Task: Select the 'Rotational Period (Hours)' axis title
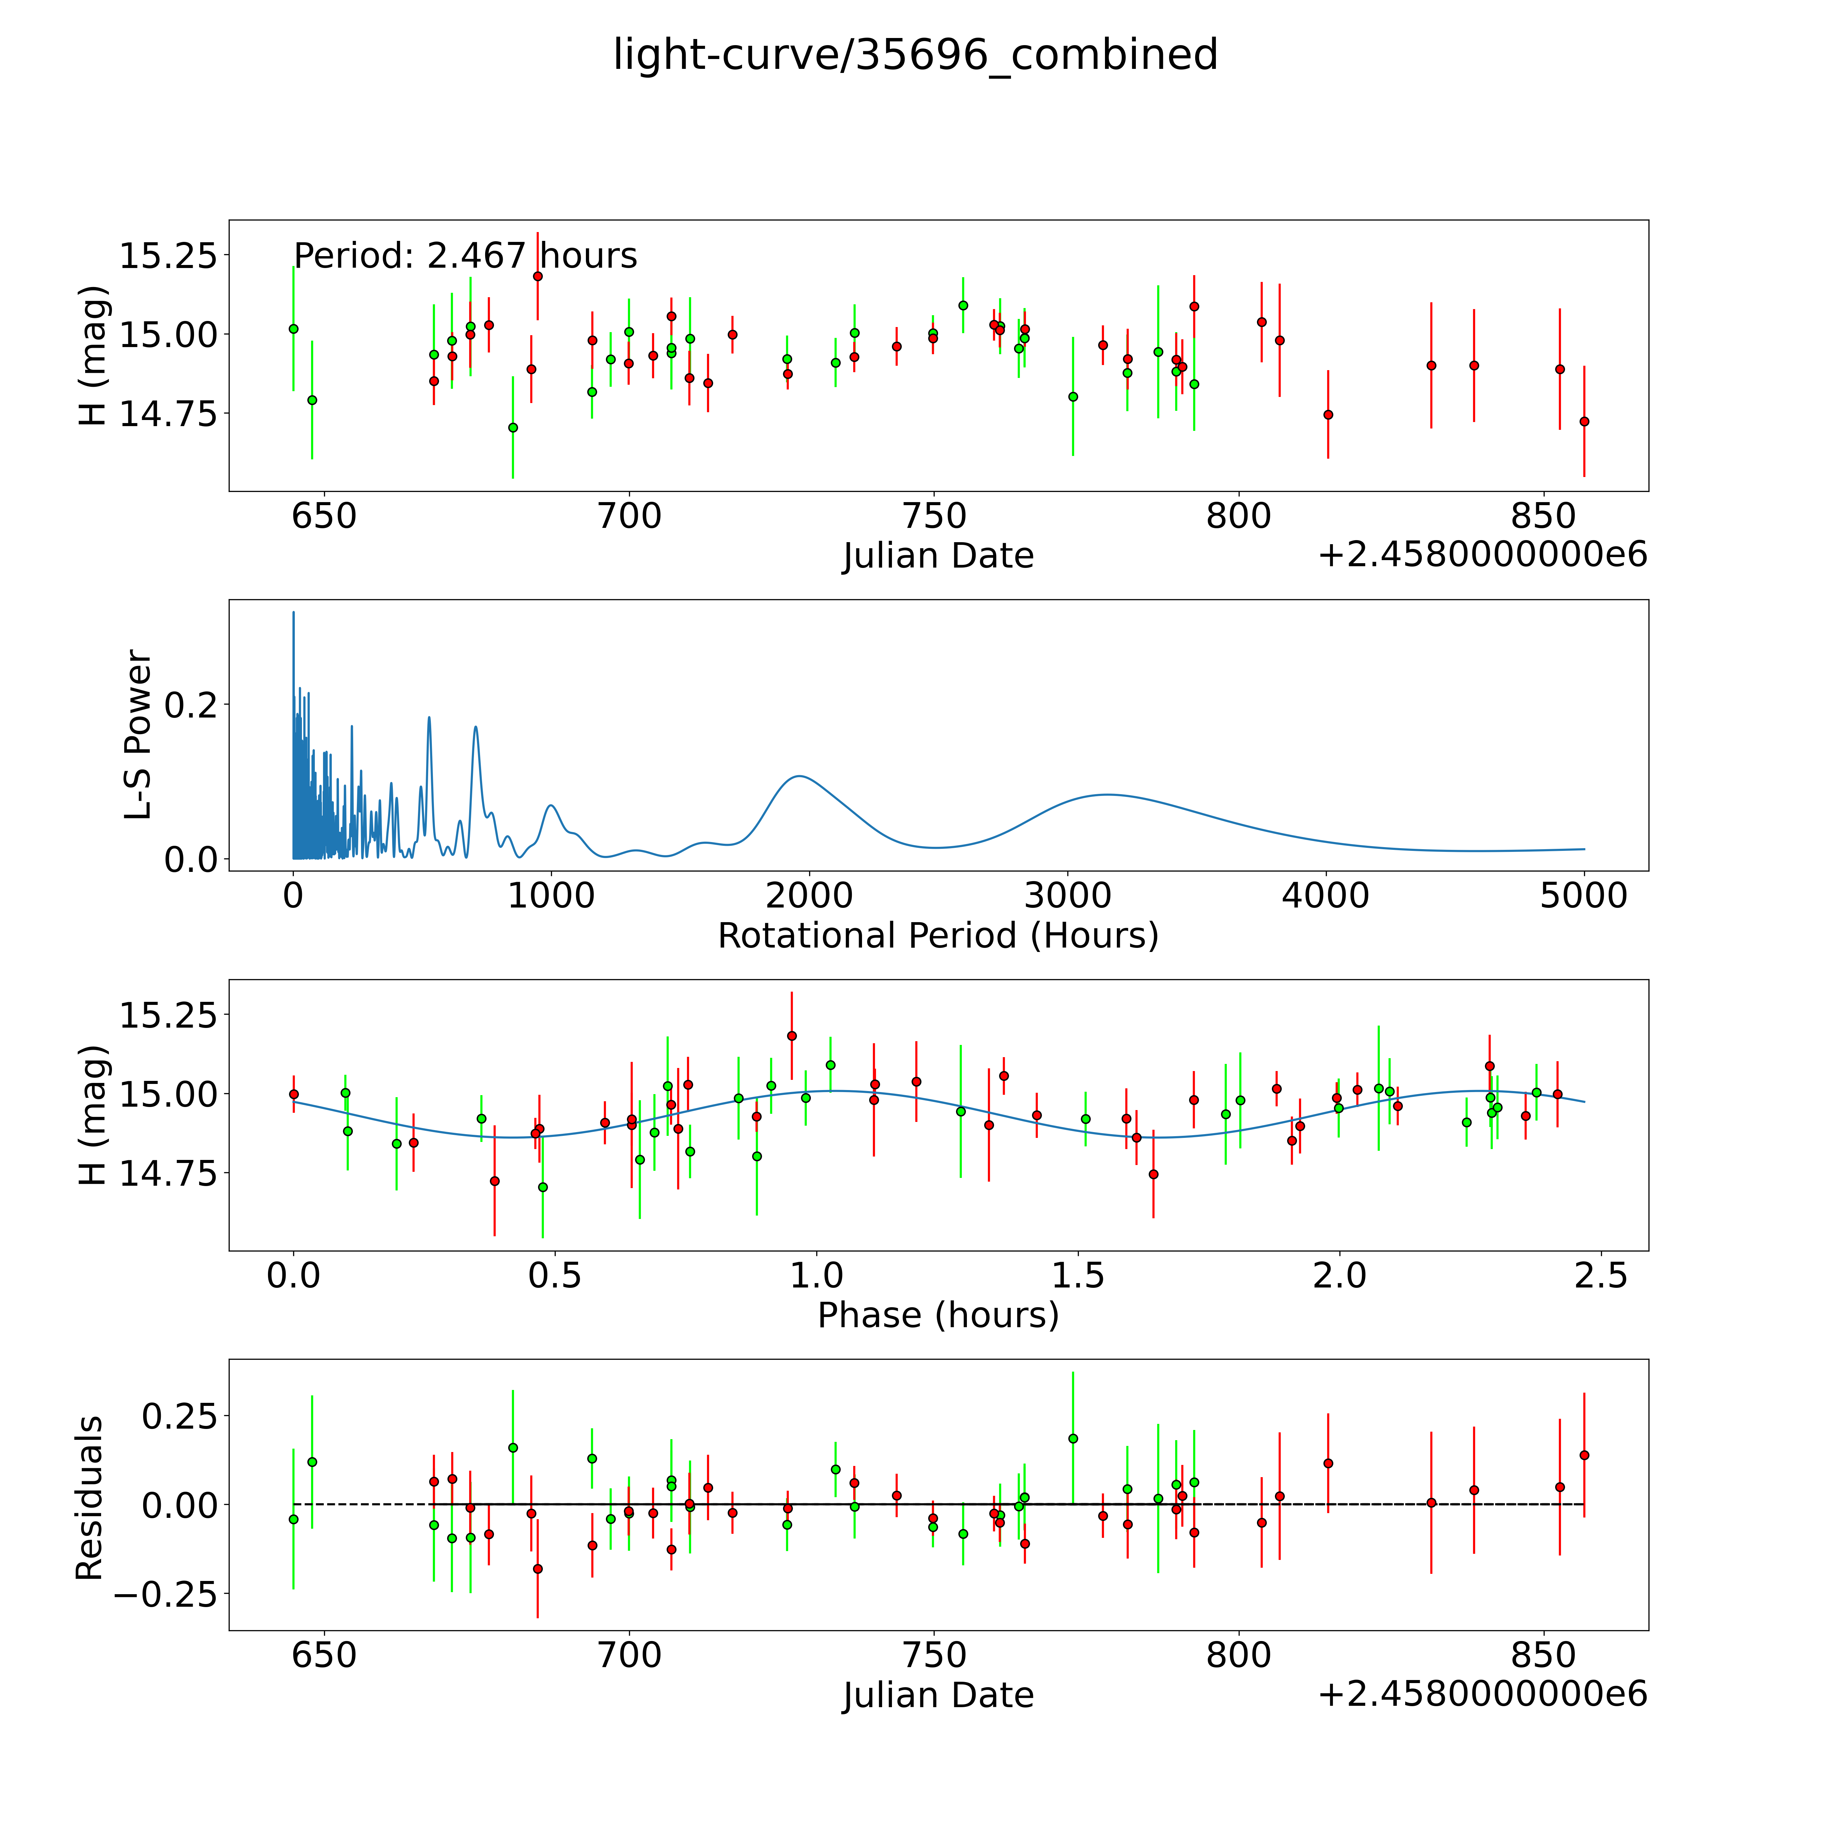(938, 936)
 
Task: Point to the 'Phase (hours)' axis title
(938, 1315)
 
